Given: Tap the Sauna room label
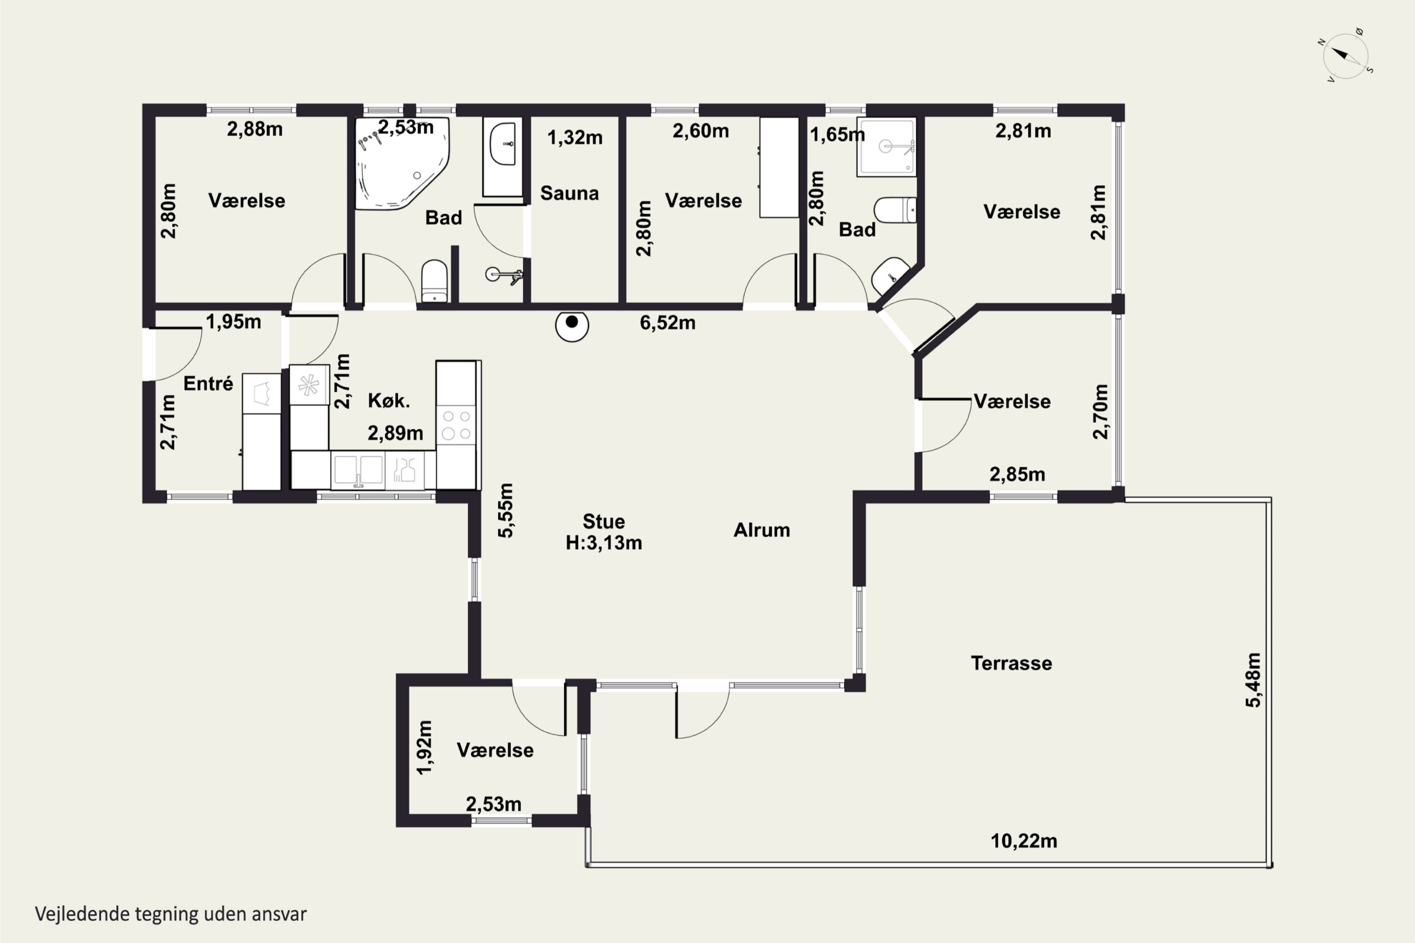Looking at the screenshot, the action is pos(569,194).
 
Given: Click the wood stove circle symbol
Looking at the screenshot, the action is pos(572,325).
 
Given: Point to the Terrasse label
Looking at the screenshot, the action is pos(1011,663).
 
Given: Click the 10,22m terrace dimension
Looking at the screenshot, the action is pos(1024,841).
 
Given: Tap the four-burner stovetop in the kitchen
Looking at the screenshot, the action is pos(456,425).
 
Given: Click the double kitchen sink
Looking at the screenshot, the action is pos(358,470).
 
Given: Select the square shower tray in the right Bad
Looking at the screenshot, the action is pos(886,147).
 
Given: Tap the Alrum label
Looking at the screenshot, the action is pos(762,530).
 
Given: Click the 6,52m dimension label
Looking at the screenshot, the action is pos(667,323).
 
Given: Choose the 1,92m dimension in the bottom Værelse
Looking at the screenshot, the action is pos(424,747).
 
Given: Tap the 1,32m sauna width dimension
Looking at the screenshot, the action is pos(574,138).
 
